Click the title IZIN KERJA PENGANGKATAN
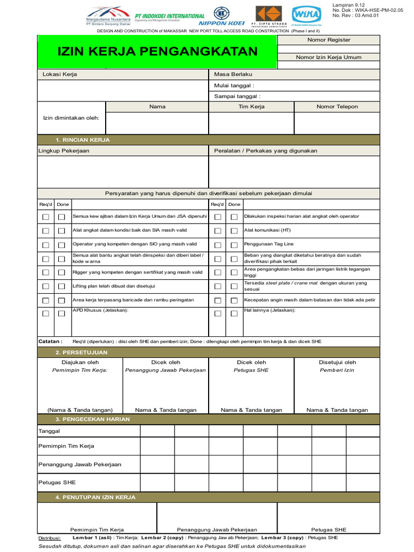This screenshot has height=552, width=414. point(157,52)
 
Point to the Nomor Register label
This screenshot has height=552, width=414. point(328,40)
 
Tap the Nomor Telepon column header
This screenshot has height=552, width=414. point(337,107)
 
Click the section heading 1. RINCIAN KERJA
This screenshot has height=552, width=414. point(86,140)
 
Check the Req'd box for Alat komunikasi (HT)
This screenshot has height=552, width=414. point(218,231)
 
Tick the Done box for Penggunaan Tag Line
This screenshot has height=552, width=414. point(234,245)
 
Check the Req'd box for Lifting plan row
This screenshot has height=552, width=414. point(46,286)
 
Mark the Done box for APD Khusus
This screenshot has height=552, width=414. point(61,313)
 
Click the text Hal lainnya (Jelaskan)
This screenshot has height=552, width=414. point(270,310)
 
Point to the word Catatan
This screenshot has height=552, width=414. point(50,341)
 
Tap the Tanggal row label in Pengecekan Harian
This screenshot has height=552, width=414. point(49,431)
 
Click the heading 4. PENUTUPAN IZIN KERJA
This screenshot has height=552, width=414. point(95,497)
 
